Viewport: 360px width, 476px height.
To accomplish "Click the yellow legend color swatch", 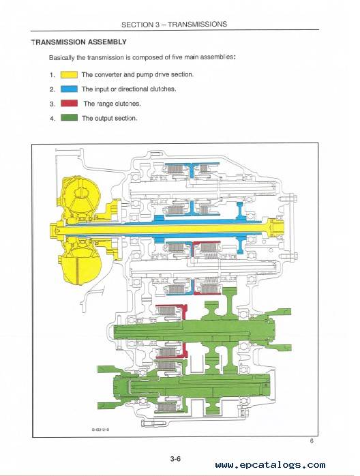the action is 69,75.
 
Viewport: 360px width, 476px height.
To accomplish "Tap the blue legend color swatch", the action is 69,89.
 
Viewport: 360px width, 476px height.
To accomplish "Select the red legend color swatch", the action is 69,103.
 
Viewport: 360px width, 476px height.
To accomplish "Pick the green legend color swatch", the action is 69,117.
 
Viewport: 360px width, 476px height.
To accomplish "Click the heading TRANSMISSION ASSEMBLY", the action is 78,42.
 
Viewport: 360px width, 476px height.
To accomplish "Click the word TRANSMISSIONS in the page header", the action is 197,25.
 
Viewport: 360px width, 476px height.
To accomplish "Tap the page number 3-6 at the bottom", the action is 175,459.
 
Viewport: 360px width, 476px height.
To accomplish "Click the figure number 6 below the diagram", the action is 312,441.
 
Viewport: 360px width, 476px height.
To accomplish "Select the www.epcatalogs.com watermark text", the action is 270,465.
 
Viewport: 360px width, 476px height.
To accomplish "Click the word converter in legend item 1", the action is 110,75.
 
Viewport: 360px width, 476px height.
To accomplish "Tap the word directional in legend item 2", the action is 133,89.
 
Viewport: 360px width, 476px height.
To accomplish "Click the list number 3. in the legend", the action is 52,104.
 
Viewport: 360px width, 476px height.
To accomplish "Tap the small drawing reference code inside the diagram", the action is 100,430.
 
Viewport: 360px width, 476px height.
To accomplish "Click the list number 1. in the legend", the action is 52,75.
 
